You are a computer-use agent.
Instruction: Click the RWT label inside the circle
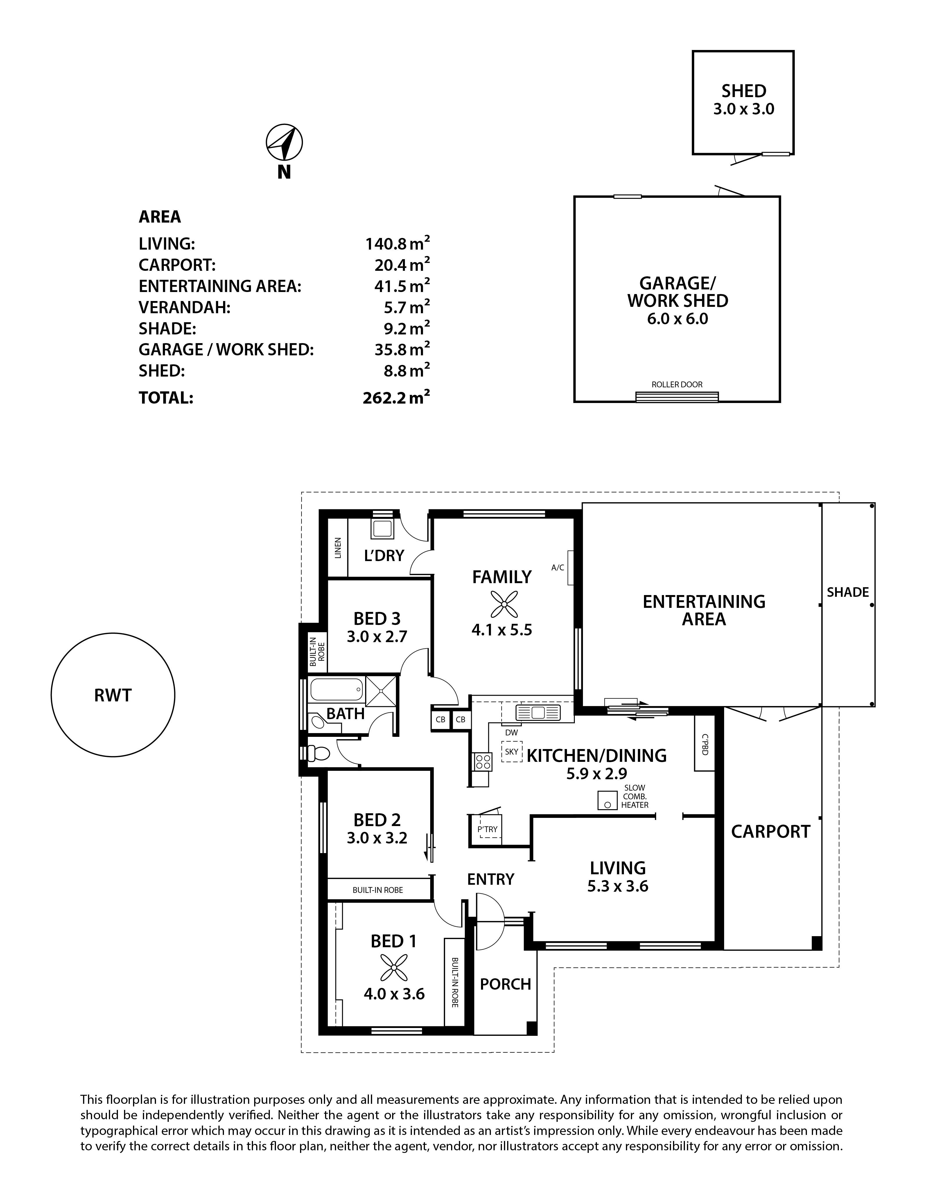[113, 695]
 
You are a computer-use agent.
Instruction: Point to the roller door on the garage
[677, 397]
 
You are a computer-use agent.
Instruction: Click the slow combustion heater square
[608, 800]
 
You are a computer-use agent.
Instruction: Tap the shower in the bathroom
[382, 691]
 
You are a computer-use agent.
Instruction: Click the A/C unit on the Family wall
[571, 568]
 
